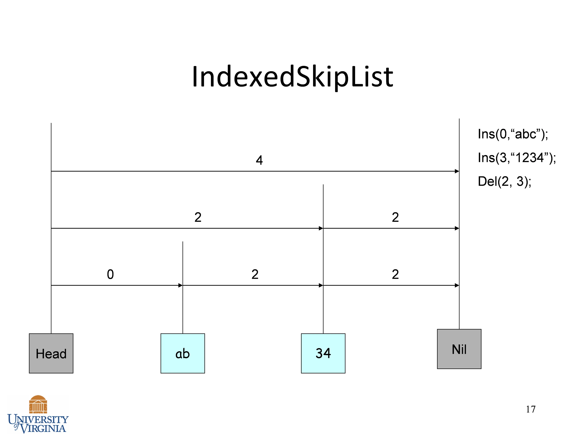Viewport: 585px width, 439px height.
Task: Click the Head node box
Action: point(51,353)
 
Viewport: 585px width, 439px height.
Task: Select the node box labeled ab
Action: point(183,353)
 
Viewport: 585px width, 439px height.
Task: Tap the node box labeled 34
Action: point(323,353)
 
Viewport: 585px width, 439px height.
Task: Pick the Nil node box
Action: point(459,349)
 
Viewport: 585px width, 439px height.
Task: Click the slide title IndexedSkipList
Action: point(292,77)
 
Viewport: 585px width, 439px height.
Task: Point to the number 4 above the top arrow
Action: point(259,160)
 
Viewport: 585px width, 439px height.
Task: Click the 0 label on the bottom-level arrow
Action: point(110,274)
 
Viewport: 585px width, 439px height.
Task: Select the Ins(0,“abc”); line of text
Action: point(513,134)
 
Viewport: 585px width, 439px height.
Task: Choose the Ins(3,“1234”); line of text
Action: point(517,158)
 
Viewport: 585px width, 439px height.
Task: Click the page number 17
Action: point(531,409)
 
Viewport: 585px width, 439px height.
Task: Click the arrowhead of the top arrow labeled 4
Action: point(457,171)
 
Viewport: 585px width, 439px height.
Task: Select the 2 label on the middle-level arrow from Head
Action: point(198,217)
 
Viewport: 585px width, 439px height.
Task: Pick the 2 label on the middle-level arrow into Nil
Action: point(395,217)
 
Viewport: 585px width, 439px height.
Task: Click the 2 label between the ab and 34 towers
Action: point(255,274)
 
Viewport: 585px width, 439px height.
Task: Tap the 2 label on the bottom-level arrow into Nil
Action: point(395,274)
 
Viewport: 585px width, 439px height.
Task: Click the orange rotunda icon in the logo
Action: point(38,404)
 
